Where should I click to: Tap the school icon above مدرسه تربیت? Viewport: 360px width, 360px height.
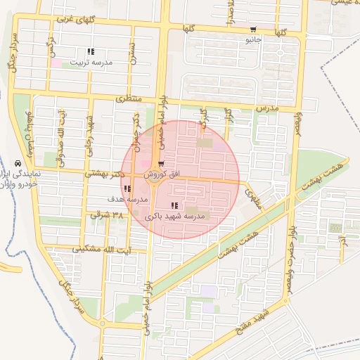click(91, 51)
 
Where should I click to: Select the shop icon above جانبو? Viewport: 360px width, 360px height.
click(253, 30)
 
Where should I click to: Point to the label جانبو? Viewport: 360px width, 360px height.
click(253, 40)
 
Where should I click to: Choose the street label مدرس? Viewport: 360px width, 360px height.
click(268, 109)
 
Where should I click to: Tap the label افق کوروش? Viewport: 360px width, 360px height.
click(163, 173)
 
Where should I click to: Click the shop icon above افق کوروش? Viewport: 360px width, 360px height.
click(162, 163)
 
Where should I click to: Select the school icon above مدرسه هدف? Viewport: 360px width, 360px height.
click(127, 188)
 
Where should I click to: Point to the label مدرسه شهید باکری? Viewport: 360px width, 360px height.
click(174, 217)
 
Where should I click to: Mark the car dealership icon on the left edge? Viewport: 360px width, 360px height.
click(18, 162)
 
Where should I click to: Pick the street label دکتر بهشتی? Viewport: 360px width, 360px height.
click(105, 172)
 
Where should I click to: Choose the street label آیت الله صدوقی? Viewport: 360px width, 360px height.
click(62, 131)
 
